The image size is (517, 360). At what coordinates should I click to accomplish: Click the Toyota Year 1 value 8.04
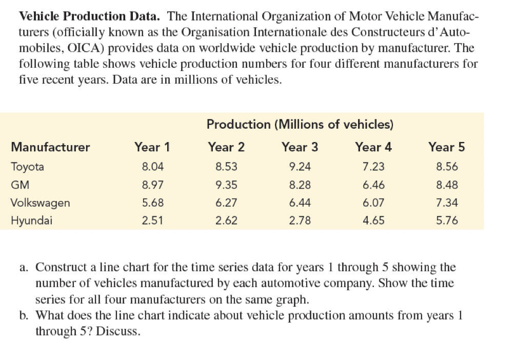(152, 167)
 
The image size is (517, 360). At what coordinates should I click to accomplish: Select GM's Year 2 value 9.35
(226, 185)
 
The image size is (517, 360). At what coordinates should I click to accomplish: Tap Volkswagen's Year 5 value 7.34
(447, 202)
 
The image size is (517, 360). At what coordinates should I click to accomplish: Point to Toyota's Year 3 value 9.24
(300, 167)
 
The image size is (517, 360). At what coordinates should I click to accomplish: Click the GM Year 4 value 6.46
(373, 185)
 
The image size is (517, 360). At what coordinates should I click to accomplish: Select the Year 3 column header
(300, 147)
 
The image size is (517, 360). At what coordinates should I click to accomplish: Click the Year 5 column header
(447, 147)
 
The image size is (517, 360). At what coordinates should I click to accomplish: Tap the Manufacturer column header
(50, 147)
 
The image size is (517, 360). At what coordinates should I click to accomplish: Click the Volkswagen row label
(41, 202)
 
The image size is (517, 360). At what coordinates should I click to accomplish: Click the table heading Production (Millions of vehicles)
(300, 124)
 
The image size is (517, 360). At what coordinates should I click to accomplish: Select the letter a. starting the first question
(24, 268)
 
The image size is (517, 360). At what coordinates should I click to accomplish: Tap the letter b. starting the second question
(24, 315)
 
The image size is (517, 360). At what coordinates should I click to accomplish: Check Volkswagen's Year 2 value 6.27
(226, 202)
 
